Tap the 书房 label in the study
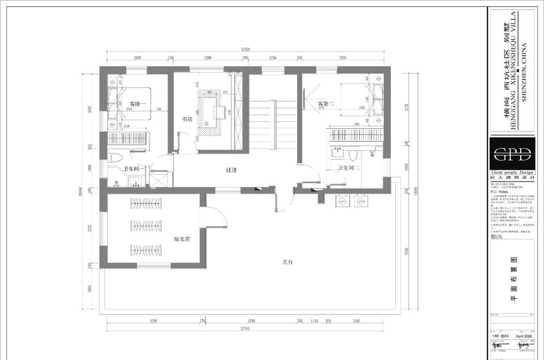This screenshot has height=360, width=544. point(187,119)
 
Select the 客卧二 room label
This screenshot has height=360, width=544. point(326,104)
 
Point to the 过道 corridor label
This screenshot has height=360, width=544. point(231,170)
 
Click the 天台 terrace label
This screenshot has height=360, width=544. point(288,262)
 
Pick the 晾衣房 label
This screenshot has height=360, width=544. point(182,239)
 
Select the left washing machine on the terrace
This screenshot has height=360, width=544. point(341,202)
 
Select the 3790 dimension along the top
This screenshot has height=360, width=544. point(346,58)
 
